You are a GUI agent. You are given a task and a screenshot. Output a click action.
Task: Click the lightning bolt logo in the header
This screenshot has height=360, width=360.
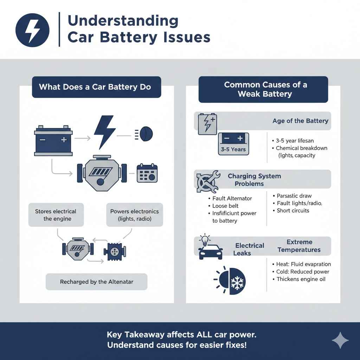point(33,31)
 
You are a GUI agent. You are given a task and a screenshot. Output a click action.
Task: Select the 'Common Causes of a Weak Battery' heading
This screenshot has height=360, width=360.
point(263,89)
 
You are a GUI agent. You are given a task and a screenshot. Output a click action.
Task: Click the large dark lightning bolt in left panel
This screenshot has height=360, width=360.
point(104,132)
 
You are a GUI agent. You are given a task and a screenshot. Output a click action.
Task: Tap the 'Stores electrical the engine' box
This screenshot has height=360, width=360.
point(56,215)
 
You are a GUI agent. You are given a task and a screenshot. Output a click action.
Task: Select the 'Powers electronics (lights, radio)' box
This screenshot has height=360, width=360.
point(134,215)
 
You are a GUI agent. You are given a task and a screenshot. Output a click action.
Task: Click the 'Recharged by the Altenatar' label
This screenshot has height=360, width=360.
point(96,282)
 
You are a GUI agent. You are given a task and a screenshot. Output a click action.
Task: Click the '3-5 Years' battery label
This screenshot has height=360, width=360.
point(233,149)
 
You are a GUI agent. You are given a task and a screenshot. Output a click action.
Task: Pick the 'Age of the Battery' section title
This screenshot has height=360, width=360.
point(300,121)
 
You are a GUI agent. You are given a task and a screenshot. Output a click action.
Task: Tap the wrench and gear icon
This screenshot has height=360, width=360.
point(207,181)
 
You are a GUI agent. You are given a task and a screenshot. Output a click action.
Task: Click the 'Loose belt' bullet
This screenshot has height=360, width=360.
point(225,206)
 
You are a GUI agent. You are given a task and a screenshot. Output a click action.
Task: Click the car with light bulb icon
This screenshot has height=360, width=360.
point(210,248)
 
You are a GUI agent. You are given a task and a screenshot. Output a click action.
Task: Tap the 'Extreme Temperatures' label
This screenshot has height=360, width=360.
point(299,246)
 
